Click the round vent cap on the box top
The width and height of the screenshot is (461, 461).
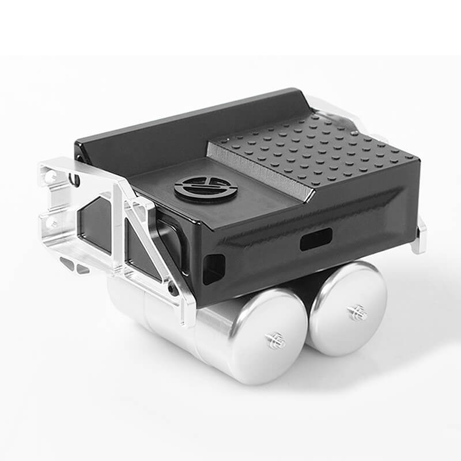click(206, 188)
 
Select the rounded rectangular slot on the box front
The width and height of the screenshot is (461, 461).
click(316, 239)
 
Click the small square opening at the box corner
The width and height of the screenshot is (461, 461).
click(214, 268)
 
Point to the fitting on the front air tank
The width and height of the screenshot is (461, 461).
click(275, 341)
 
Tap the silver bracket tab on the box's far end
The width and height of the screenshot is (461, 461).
click(420, 236)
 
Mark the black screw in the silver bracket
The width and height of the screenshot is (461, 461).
click(171, 286)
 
